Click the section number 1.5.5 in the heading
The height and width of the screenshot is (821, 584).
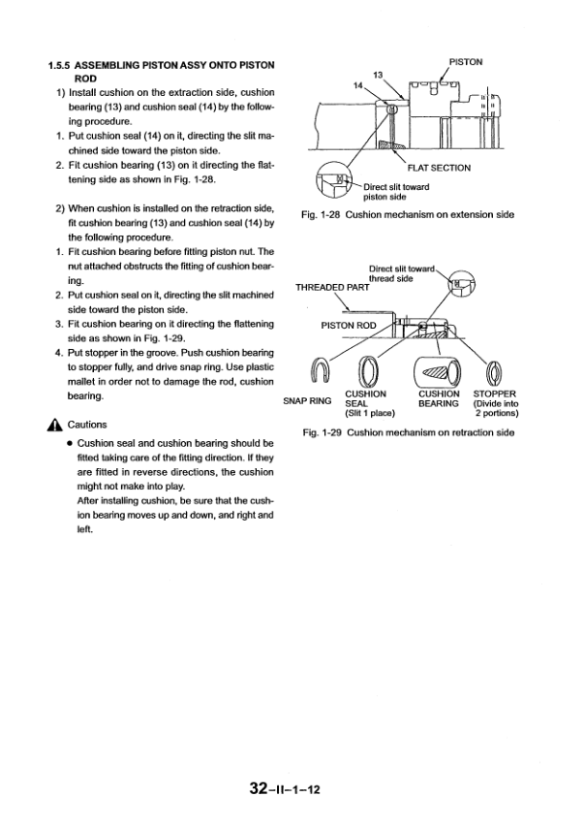click(x=63, y=65)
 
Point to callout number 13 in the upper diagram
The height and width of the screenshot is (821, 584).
click(x=380, y=74)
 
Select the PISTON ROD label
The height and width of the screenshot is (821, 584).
click(x=349, y=325)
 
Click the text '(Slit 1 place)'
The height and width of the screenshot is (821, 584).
click(x=369, y=414)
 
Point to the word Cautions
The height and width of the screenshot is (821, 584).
click(x=87, y=425)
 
